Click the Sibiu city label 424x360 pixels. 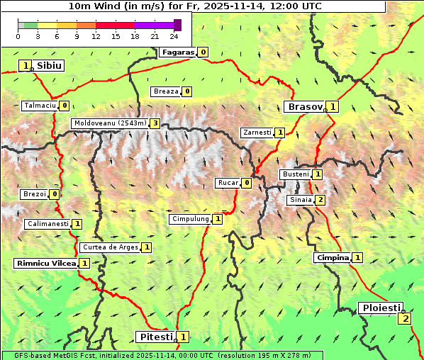49,65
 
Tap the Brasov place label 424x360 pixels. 303,107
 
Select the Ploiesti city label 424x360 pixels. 380,308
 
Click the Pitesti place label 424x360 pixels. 155,337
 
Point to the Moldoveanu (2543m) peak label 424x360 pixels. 110,123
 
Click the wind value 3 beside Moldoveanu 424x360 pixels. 155,123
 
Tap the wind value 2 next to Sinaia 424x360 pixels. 320,200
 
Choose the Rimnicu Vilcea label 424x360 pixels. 45,263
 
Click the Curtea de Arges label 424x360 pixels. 109,247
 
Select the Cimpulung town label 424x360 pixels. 190,219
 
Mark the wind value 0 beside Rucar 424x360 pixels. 247,183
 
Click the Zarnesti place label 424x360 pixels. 257,133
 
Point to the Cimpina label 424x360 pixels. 332,258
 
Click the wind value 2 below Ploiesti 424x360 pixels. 405,318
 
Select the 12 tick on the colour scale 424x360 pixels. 96,36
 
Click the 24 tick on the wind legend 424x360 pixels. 174,36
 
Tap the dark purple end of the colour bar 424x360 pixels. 177,25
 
